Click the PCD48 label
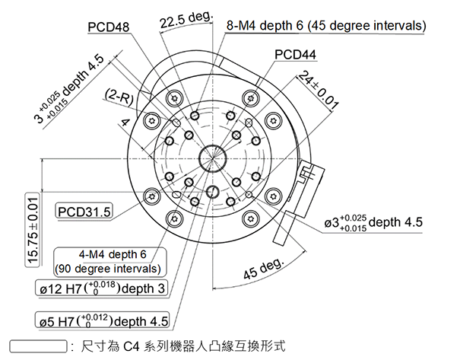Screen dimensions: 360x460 (x=109, y=27)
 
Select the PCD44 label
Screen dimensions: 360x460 (x=295, y=54)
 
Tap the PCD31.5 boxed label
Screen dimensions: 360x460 (x=84, y=210)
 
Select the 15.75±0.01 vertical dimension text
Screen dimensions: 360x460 (x=33, y=229)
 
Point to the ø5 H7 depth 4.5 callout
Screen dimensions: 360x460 (x=102, y=320)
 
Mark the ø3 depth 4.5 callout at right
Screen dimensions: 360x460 (x=373, y=223)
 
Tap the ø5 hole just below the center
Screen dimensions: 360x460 (x=214, y=192)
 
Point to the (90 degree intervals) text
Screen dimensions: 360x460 (x=109, y=269)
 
